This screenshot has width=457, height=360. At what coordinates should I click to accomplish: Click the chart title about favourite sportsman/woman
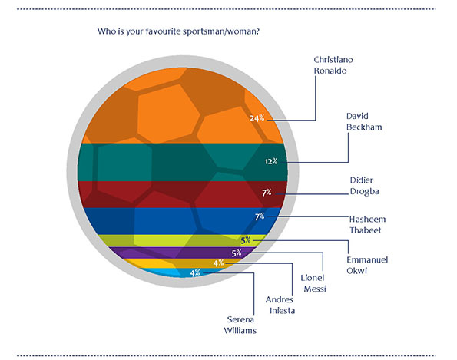pos(178,31)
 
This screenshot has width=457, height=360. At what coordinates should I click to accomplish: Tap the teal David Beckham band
pos(183,162)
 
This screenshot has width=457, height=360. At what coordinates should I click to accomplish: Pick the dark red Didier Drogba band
pos(183,194)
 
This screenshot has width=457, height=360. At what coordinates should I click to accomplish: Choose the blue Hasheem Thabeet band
pos(183,221)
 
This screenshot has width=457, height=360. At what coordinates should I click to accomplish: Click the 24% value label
pos(257,118)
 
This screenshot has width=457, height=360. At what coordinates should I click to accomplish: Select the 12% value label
pos(271,161)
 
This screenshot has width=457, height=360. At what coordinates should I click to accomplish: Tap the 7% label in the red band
pos(267,193)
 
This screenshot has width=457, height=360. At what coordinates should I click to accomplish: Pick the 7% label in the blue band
pos(260,216)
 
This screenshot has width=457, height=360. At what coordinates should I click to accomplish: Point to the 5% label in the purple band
pos(237,253)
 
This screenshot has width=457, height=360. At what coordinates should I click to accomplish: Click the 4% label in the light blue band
pos(195,273)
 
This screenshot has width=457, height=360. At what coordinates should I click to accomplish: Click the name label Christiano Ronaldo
pos(333,65)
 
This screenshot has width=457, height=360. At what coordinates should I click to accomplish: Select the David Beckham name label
pos(364,121)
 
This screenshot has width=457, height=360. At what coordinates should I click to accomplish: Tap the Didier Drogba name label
pos(364,186)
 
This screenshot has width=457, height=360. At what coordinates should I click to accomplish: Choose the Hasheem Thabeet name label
pos(367,225)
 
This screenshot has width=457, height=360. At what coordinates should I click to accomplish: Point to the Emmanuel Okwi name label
pos(367,265)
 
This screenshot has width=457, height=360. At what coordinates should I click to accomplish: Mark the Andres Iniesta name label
pos(280,305)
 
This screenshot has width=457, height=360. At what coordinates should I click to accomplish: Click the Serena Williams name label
pos(240,325)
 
